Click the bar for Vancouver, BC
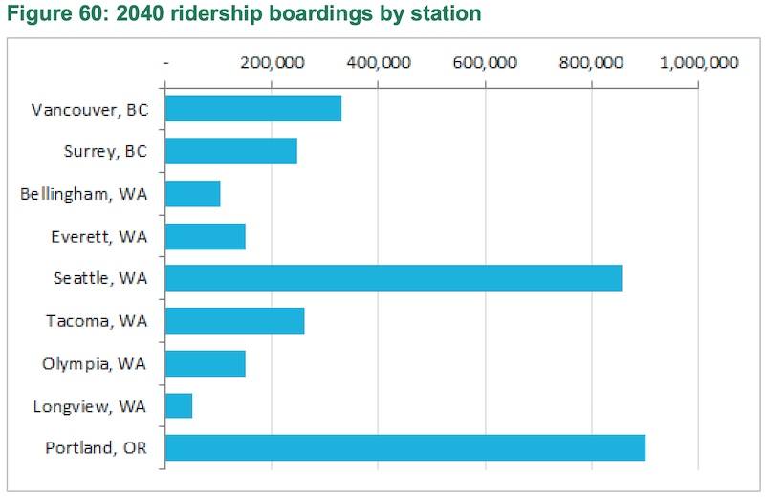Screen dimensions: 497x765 pyautogui.click(x=253, y=108)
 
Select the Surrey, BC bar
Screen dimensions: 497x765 pyautogui.click(x=231, y=151)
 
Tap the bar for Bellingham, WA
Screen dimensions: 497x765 pyautogui.click(x=193, y=193)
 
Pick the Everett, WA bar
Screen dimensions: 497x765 pyautogui.click(x=206, y=236)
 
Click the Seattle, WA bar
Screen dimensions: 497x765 pyautogui.click(x=394, y=278)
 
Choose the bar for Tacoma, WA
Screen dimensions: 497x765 pyautogui.click(x=235, y=321)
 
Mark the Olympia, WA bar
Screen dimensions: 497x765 pyautogui.click(x=206, y=363)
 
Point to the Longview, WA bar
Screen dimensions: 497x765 pyautogui.click(x=179, y=406)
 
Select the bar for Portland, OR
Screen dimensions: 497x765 pyautogui.click(x=405, y=448)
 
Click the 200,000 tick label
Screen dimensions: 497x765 pyautogui.click(x=272, y=63)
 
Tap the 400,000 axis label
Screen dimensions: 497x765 pyautogui.click(x=379, y=63)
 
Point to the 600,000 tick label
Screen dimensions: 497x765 pyautogui.click(x=486, y=63)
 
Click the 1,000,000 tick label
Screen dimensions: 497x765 pyautogui.click(x=699, y=63)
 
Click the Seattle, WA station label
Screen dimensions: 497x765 pyautogui.click(x=100, y=278)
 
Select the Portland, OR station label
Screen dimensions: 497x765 pyautogui.click(x=96, y=448)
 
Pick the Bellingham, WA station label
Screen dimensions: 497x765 pyautogui.click(x=84, y=193)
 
